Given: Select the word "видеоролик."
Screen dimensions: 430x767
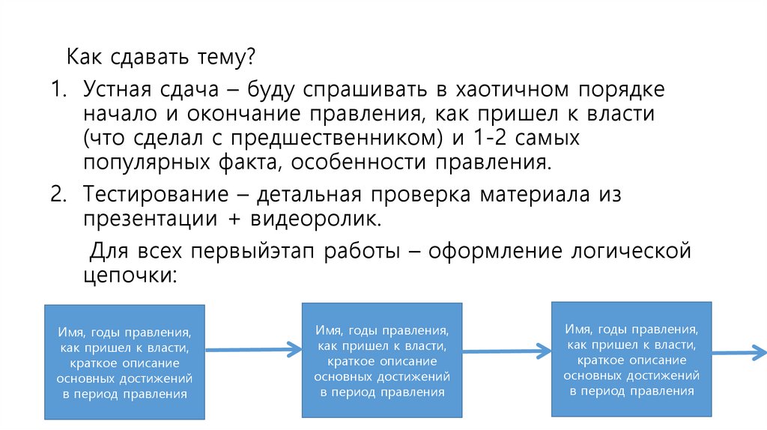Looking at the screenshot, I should pyautogui.click(x=322, y=218).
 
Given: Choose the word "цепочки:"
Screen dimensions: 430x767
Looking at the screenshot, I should pyautogui.click(x=129, y=274).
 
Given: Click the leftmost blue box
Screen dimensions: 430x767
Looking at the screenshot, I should pyautogui.click(x=124, y=362).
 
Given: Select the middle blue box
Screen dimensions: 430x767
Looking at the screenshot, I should pyautogui.click(x=381, y=360).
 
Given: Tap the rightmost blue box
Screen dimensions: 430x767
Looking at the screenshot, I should pyautogui.click(x=631, y=359).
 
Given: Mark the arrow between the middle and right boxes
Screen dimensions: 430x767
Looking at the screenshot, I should pyautogui.click(x=506, y=349).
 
